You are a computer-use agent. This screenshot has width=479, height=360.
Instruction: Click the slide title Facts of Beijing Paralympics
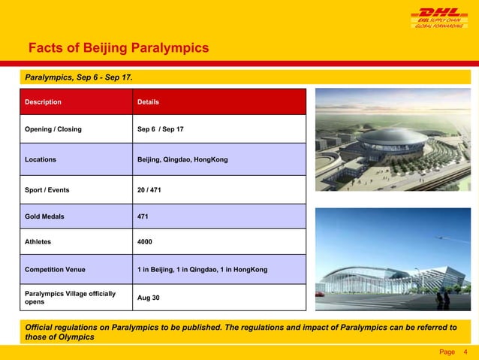click(117, 50)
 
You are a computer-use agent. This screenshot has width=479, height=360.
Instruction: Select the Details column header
click(148, 101)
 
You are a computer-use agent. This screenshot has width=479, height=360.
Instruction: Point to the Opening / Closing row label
click(53, 130)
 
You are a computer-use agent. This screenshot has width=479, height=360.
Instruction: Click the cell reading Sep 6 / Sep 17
click(160, 130)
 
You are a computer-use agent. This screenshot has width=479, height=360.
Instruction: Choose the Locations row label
click(41, 159)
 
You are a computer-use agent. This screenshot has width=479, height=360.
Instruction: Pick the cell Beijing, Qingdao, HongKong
click(182, 159)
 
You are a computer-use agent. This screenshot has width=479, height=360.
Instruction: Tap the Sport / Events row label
click(47, 189)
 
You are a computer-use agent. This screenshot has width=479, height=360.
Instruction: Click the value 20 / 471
click(149, 189)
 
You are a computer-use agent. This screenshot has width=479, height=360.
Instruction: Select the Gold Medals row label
click(44, 216)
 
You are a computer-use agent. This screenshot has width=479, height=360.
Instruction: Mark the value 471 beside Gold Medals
click(143, 216)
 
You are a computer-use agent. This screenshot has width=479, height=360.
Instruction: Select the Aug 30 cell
click(149, 298)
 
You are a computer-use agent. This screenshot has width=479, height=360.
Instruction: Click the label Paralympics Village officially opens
click(70, 298)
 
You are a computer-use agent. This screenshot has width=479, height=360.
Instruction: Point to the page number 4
click(466, 352)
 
